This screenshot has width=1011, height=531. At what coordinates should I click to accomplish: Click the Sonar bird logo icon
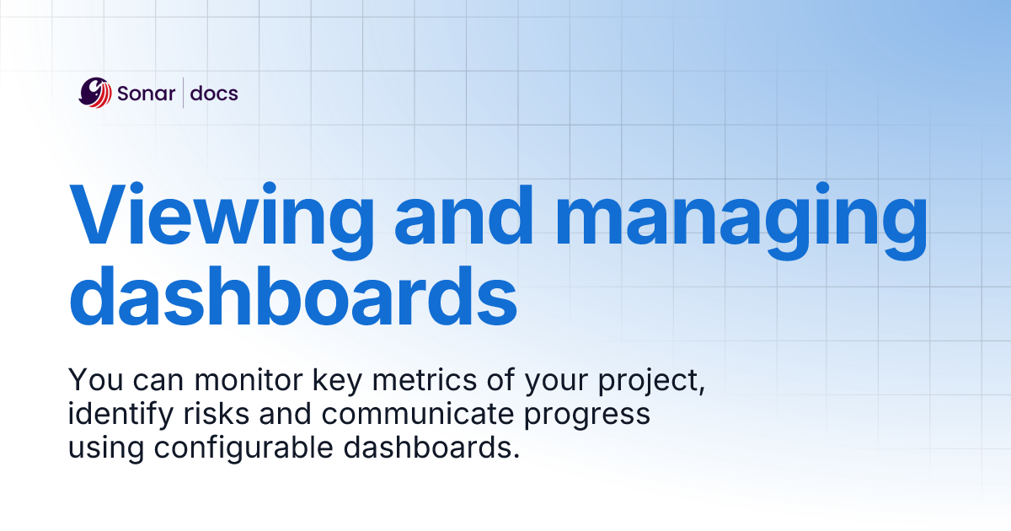(95, 93)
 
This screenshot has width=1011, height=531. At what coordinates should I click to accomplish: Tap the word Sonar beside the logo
(144, 94)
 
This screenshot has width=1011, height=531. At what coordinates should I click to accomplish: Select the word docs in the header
(214, 94)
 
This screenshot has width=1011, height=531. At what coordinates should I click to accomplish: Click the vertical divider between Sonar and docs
(183, 93)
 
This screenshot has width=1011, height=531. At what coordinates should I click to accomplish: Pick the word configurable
(245, 448)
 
